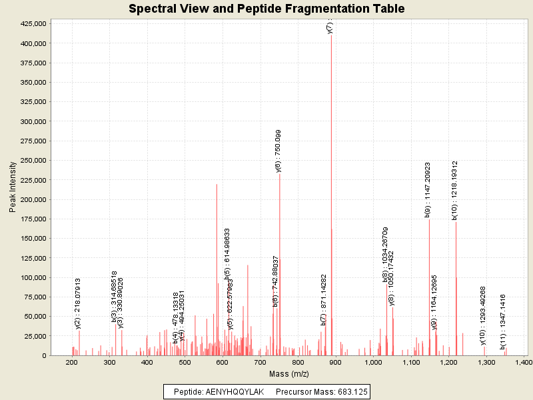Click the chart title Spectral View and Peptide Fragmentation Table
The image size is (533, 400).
click(266, 9)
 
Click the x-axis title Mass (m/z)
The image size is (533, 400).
click(288, 374)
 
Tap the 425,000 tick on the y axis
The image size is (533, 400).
click(33, 23)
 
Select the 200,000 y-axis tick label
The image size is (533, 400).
click(33, 199)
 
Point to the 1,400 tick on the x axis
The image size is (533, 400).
click(524, 362)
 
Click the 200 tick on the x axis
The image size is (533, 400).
click(72, 362)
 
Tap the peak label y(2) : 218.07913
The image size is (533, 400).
click(78, 303)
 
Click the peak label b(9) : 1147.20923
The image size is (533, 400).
click(428, 189)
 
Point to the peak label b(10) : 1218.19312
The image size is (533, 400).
click(454, 190)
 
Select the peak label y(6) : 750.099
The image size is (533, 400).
click(278, 151)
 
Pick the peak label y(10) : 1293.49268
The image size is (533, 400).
click(483, 315)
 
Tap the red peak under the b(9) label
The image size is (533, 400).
click(429, 287)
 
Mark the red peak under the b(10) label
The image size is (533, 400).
click(456, 287)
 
